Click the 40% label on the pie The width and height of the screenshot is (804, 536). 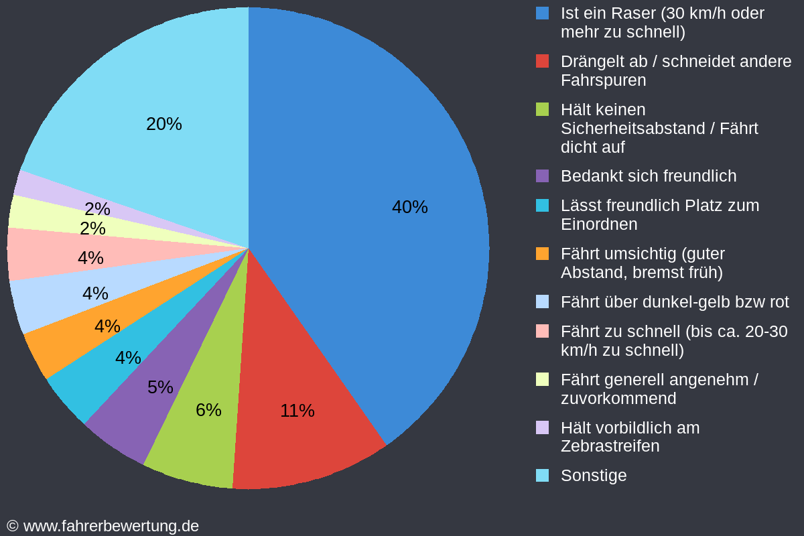409,207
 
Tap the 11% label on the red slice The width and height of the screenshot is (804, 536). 297,411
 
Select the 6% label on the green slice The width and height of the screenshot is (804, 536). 208,410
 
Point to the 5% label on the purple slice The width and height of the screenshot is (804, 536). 160,387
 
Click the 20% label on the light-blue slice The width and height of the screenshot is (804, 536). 163,124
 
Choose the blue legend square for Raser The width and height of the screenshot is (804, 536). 543,13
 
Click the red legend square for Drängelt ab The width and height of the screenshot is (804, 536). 543,61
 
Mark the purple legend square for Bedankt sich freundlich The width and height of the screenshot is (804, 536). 543,176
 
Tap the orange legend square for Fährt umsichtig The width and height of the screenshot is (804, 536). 543,254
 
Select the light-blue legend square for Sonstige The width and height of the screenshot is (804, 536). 543,475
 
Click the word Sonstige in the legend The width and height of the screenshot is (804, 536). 594,475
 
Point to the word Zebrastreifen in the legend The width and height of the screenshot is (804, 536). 610,446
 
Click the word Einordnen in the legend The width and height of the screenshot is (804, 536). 599,224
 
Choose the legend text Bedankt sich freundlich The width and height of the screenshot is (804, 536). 648,176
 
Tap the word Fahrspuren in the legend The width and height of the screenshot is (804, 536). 603,80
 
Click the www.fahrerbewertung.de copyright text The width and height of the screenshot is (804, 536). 111,526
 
